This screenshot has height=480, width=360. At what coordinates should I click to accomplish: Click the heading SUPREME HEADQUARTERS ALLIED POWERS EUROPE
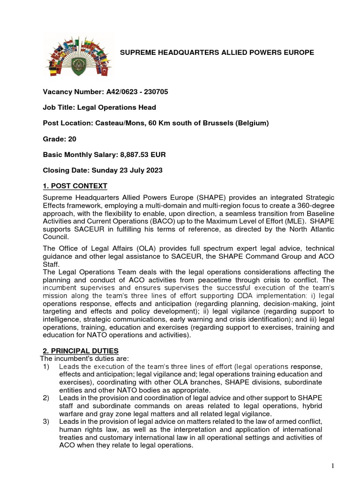click(217, 52)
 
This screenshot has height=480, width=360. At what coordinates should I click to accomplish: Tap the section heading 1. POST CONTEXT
click(75, 186)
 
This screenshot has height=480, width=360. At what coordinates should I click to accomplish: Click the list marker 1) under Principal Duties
click(46, 366)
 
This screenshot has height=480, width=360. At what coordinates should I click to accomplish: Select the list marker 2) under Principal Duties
click(46, 398)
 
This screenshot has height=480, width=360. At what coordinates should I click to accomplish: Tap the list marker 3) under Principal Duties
click(46, 422)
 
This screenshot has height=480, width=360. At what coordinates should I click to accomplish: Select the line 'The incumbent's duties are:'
click(82, 359)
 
